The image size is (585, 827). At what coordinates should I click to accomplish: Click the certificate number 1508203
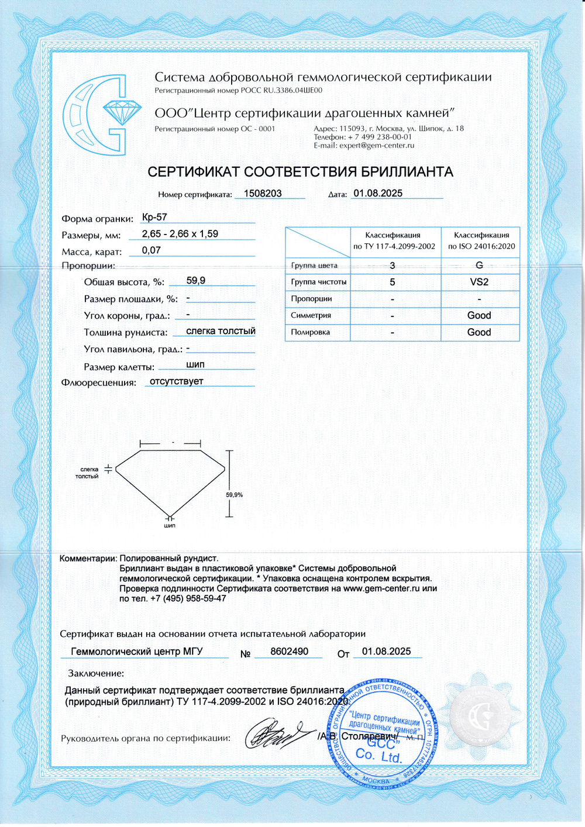[263, 194]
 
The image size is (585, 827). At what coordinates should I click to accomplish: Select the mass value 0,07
[152, 250]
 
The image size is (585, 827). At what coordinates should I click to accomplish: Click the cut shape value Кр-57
[154, 217]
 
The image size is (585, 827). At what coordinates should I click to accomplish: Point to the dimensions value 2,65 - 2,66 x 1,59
[180, 234]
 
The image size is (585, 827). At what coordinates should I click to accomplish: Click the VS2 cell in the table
[479, 282]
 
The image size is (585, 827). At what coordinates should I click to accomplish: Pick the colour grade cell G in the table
[479, 265]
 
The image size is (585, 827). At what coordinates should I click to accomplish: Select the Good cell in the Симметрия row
[479, 315]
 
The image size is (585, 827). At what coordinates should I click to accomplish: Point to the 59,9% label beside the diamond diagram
[235, 495]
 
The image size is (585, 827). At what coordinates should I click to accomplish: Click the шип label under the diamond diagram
[170, 526]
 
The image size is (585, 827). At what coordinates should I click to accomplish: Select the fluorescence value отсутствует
[177, 381]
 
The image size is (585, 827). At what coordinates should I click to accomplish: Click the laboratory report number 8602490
[289, 652]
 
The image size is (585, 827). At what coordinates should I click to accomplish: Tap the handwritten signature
[275, 734]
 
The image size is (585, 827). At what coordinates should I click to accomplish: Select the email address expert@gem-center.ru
[377, 146]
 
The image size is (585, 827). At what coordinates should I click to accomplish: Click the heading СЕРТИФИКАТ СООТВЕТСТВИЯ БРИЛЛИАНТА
[300, 172]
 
